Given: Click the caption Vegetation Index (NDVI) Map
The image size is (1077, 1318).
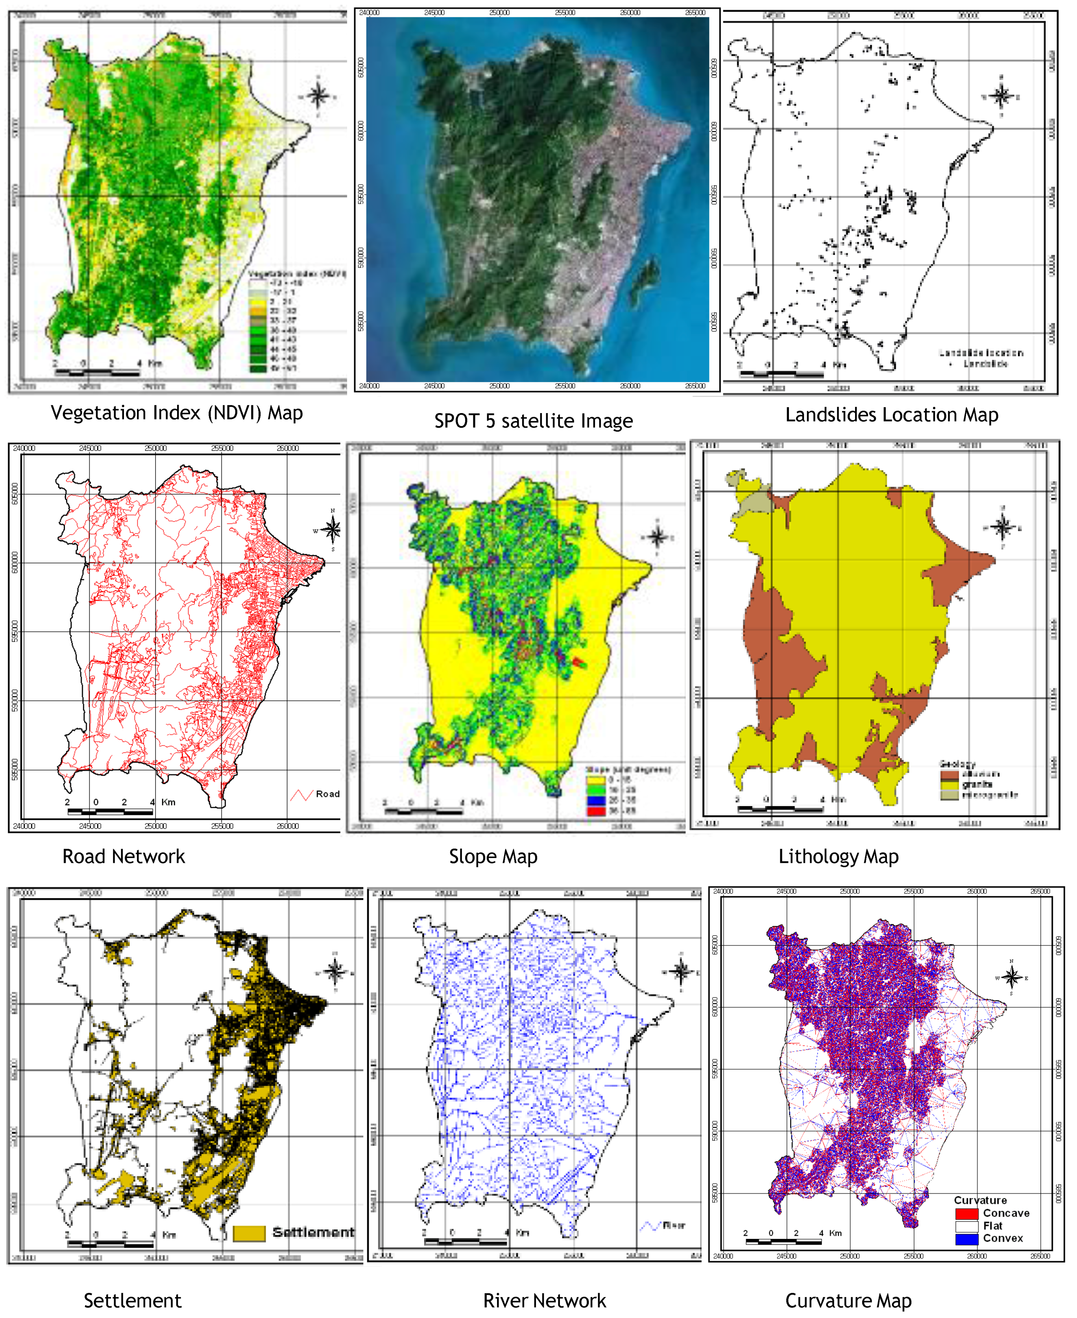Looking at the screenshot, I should (x=177, y=413).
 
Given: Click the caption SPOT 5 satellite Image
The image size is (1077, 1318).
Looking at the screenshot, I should (x=534, y=421).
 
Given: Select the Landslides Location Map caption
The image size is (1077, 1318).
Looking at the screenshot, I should (x=892, y=415).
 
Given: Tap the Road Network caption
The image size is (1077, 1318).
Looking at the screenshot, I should (x=124, y=857).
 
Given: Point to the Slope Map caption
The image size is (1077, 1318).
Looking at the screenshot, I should (x=493, y=857).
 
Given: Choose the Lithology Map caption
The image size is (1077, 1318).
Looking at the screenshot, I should (x=838, y=857).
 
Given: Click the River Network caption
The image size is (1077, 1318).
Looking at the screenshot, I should (x=544, y=1301).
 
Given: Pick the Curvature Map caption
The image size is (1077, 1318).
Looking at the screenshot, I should (x=848, y=1301).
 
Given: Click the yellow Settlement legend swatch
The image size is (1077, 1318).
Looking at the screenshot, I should (x=249, y=1233).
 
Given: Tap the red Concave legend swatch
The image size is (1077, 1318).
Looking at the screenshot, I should (x=966, y=1214).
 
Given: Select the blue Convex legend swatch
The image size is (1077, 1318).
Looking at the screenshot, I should (x=966, y=1239).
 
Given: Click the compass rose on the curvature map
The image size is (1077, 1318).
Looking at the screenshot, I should (x=1011, y=978).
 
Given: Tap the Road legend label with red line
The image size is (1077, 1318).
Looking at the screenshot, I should (x=327, y=794).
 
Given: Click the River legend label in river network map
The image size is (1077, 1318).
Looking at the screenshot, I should (x=674, y=1226).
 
